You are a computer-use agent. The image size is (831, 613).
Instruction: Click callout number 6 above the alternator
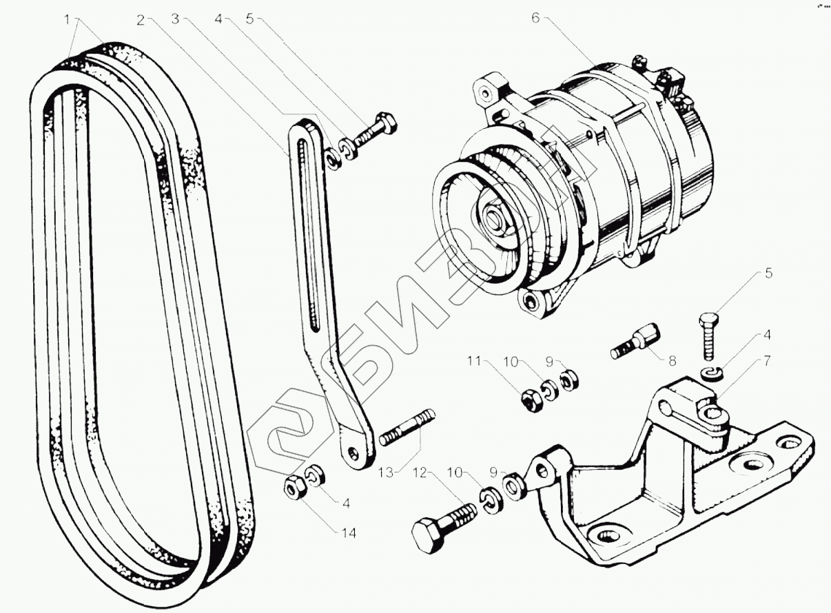pos(535,19)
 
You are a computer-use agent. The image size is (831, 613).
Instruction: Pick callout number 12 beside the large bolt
pos(421,472)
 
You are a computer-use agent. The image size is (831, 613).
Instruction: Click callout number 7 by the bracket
pos(767,361)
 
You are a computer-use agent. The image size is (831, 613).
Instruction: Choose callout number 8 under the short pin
pos(672,360)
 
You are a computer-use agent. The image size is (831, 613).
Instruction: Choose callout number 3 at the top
pos(175,19)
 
